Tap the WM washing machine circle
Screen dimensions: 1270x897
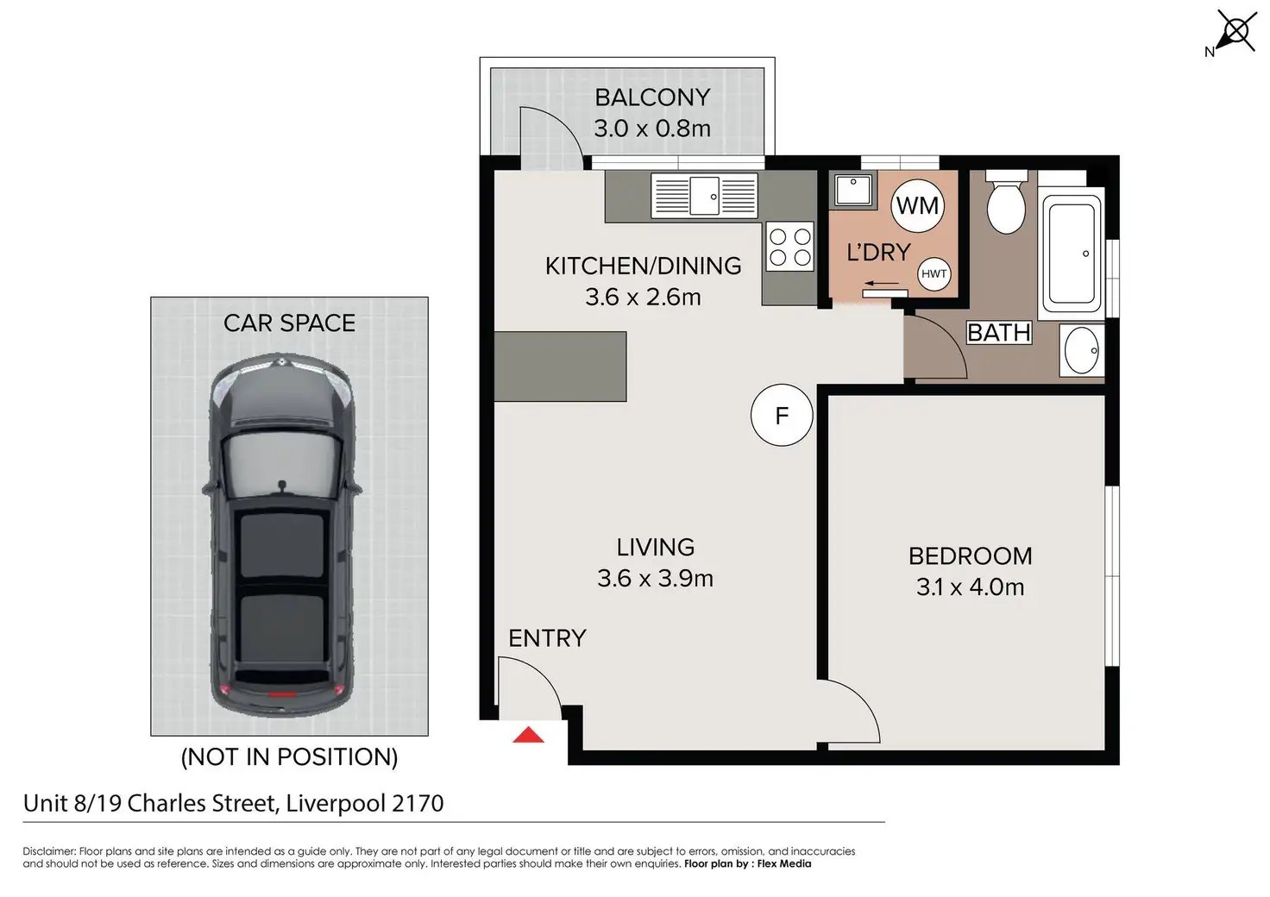917,205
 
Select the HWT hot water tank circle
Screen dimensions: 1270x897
934,274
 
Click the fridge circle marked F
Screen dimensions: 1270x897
782,416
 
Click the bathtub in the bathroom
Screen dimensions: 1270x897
1072,254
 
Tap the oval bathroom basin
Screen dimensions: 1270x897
1081,351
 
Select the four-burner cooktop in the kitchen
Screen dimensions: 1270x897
789,246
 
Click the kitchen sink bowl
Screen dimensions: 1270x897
705,196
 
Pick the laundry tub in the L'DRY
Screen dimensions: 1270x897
853,191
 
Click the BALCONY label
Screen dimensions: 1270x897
652,97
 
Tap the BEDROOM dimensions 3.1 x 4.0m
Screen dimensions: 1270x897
970,587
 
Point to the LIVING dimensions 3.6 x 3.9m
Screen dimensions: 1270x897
655,579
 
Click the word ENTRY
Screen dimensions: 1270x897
547,638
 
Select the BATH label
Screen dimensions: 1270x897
999,333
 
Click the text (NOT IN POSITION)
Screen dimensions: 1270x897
289,757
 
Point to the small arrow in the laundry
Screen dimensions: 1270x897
882,283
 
